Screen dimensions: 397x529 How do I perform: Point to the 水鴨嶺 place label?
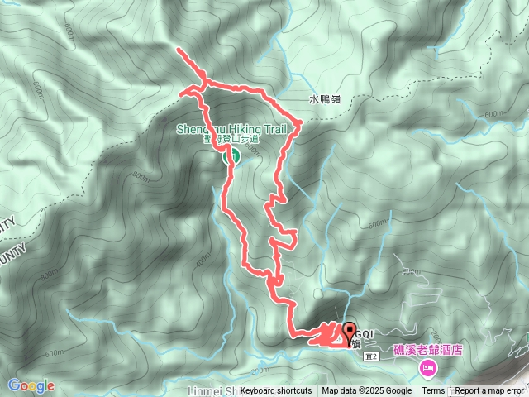click(x=325, y=99)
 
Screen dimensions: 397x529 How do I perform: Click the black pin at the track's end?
click(x=347, y=329)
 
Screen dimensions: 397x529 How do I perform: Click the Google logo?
click(x=31, y=385)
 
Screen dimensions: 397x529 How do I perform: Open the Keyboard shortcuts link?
click(x=276, y=391)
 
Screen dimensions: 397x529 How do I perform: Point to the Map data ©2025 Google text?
click(x=367, y=391)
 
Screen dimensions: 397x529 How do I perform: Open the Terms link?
click(x=433, y=391)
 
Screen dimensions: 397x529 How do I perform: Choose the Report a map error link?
click(x=489, y=391)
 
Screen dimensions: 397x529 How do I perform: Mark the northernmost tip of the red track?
click(x=180, y=51)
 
